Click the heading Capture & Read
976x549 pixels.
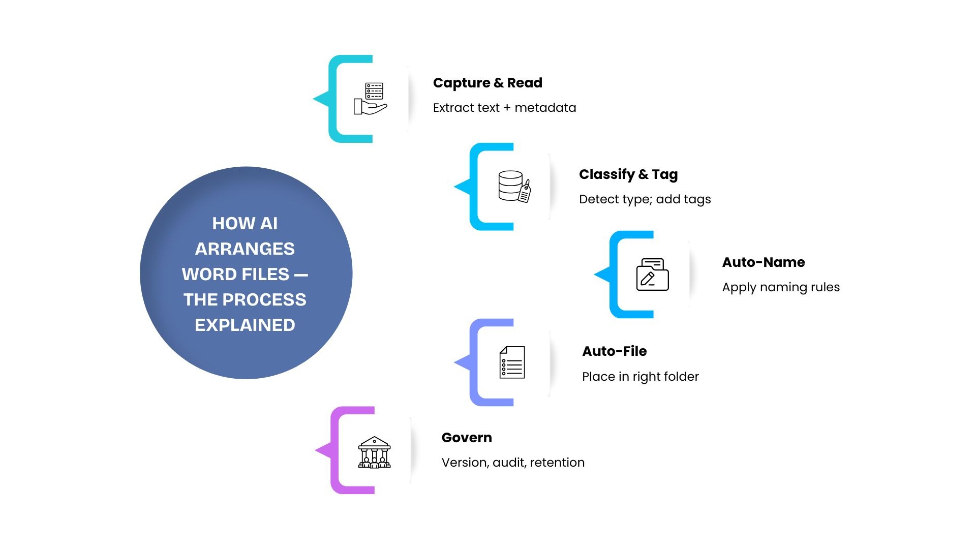pyautogui.click(x=487, y=83)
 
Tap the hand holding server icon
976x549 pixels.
pyautogui.click(x=371, y=99)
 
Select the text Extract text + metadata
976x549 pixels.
pyautogui.click(x=504, y=108)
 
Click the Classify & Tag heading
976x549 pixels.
pyautogui.click(x=628, y=174)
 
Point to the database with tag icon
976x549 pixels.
pyautogui.click(x=514, y=187)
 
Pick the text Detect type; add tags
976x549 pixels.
pyautogui.click(x=645, y=199)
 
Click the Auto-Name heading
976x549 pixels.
pyautogui.click(x=763, y=262)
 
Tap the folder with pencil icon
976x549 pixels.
pyautogui.click(x=652, y=274)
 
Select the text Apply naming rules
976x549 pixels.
pyautogui.click(x=780, y=287)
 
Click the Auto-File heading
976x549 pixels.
pyautogui.click(x=614, y=351)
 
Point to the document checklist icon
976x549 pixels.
pyautogui.click(x=512, y=362)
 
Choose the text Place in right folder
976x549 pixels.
pyautogui.click(x=640, y=377)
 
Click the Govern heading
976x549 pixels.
pyautogui.click(x=466, y=438)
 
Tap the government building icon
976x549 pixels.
pyautogui.click(x=374, y=452)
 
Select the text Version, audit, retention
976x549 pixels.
pyautogui.click(x=512, y=463)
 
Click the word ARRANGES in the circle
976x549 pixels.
pyautogui.click(x=245, y=249)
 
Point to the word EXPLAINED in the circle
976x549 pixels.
pyautogui.click(x=245, y=325)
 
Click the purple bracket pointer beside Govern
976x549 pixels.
pyautogui.click(x=325, y=450)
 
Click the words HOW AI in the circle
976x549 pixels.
pyautogui.click(x=245, y=224)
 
